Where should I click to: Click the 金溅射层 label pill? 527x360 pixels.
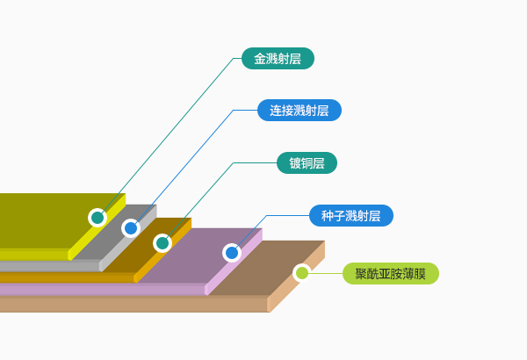point(278,59)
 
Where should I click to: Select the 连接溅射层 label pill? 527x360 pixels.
point(299,111)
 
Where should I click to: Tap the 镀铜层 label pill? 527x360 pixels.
point(307,162)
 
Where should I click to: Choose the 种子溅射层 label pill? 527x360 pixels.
point(350,215)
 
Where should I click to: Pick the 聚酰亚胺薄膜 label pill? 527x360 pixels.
point(390,273)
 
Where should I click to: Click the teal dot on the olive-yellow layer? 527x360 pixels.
point(97,217)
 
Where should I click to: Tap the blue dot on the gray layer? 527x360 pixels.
point(130,228)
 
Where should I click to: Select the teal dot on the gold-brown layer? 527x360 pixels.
point(162,243)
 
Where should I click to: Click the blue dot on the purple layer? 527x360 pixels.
point(232,253)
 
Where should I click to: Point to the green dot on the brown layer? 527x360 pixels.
point(302,273)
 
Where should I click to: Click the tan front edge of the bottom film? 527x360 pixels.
point(132,304)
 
